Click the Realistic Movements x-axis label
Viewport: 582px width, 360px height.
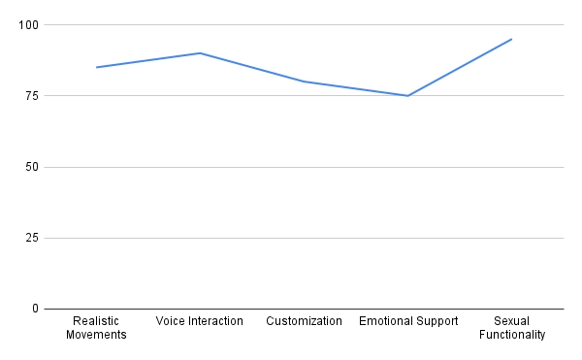(x=96, y=328)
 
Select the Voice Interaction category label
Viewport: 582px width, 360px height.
(x=200, y=321)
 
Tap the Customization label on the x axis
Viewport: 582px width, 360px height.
(x=304, y=321)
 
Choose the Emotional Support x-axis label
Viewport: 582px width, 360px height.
(x=407, y=321)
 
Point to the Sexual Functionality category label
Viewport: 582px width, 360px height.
(x=511, y=328)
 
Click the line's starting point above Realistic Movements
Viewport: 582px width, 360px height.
(x=96, y=67)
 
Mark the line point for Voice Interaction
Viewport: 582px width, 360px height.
(x=200, y=52)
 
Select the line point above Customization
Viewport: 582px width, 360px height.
(x=304, y=82)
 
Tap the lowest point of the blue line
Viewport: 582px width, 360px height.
(x=407, y=95)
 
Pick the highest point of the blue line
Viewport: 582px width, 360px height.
(x=511, y=39)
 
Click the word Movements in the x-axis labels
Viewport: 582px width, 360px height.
(x=96, y=336)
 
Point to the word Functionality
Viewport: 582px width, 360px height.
(x=511, y=336)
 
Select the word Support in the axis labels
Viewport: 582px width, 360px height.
(x=435, y=321)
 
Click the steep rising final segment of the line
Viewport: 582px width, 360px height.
(x=460, y=67)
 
